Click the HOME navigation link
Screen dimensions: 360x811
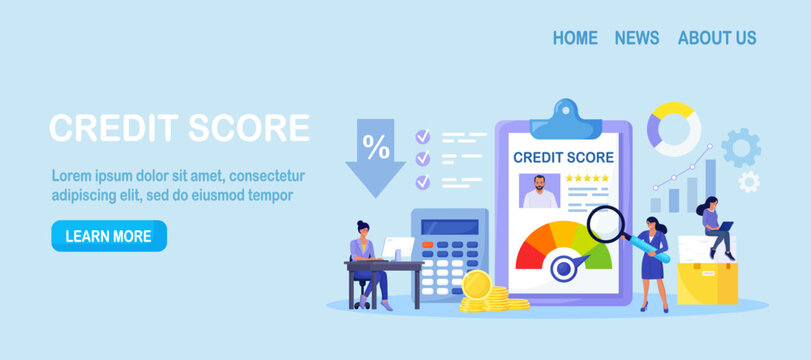(575, 38)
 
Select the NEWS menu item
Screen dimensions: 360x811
(637, 38)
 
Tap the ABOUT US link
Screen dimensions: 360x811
(717, 38)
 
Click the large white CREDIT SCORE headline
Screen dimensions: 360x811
(179, 128)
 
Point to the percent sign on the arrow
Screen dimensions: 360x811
(376, 148)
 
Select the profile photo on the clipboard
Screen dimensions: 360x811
(540, 191)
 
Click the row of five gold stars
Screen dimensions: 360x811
(587, 179)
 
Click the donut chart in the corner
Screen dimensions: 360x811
(673, 128)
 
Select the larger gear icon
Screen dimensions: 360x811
(740, 148)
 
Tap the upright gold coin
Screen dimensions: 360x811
(476, 286)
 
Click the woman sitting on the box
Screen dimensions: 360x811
(716, 226)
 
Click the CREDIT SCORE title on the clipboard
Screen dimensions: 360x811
(563, 157)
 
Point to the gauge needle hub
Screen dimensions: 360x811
(563, 266)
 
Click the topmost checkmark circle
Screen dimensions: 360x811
(423, 135)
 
